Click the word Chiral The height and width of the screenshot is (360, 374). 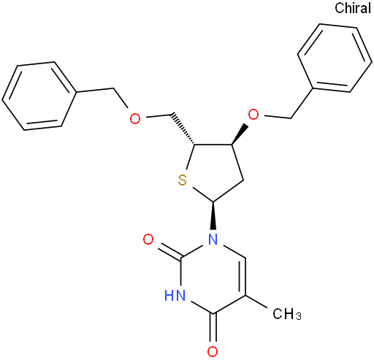(x=353, y=8)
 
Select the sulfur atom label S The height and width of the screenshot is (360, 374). (x=182, y=180)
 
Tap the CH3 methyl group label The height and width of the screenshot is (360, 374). (x=287, y=314)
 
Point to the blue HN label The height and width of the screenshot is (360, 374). (x=175, y=296)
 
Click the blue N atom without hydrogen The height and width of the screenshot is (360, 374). (x=213, y=239)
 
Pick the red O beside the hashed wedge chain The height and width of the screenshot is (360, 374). (x=135, y=118)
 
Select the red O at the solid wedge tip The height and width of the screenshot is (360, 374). (x=253, y=115)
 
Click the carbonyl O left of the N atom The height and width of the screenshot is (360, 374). (x=148, y=239)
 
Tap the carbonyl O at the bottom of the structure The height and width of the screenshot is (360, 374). (x=213, y=351)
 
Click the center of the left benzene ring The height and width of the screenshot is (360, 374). (x=38, y=96)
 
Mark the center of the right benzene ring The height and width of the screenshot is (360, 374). (x=335, y=58)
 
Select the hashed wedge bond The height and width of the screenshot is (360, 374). (x=183, y=129)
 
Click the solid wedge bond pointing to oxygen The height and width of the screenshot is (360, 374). (x=240, y=134)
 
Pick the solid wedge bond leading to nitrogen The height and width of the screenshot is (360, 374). (x=213, y=215)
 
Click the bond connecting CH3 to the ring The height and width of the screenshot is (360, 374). (x=257, y=302)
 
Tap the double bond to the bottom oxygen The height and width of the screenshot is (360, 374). (x=213, y=328)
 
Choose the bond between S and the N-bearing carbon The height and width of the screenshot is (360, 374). (x=202, y=194)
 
